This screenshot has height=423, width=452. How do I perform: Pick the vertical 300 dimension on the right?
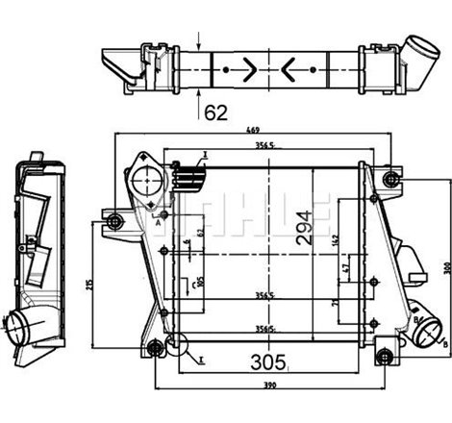[445, 266]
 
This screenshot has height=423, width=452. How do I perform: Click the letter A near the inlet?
[157, 219]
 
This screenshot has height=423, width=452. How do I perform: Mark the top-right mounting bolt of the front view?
[389, 180]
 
